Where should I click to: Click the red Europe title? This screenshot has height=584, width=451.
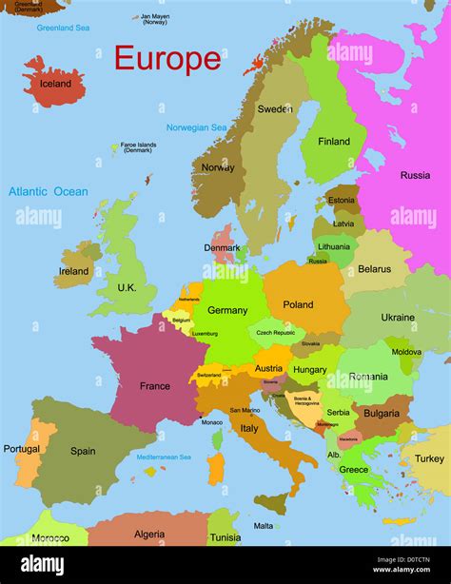coord(167,59)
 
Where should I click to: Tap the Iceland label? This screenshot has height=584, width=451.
coord(55,84)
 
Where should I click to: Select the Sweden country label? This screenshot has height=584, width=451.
coord(275,109)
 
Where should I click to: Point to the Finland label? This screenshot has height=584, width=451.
coord(334,142)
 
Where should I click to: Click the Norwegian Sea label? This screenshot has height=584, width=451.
coord(196,127)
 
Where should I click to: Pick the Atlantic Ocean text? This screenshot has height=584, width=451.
coord(49,191)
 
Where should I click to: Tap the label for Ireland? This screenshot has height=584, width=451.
coord(73,271)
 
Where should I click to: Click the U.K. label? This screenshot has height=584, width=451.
coord(127,287)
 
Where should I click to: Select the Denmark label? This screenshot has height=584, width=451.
coord(222,247)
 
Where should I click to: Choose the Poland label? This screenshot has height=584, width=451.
coord(298,305)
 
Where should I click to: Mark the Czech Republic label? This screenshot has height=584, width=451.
coord(276,333)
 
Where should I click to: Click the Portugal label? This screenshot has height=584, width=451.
coord(22,449)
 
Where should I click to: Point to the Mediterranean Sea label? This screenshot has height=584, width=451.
coord(165,457)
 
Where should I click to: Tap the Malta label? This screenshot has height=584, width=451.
coord(264,525)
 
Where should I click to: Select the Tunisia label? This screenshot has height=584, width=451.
coord(225,537)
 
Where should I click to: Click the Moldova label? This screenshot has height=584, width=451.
coord(406,352)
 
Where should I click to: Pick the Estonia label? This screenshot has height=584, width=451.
coord(341,201)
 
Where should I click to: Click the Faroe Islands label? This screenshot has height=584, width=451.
coord(138,148)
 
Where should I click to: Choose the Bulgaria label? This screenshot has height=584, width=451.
coord(381,414)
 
